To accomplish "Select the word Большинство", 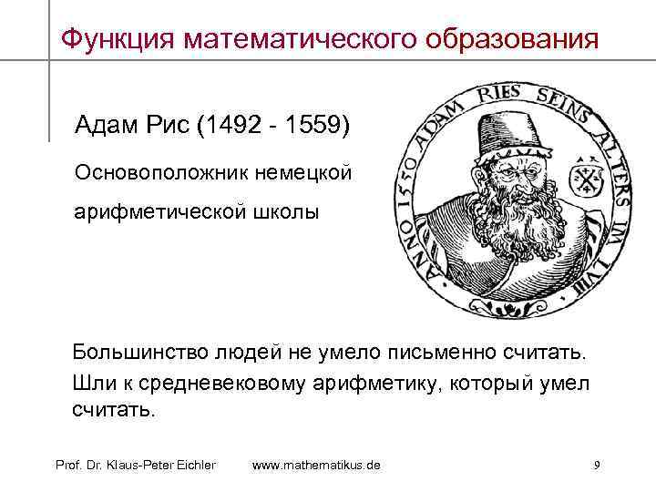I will [143, 353].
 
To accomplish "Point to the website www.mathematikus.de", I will [316, 466].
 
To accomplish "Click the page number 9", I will [596, 466].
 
